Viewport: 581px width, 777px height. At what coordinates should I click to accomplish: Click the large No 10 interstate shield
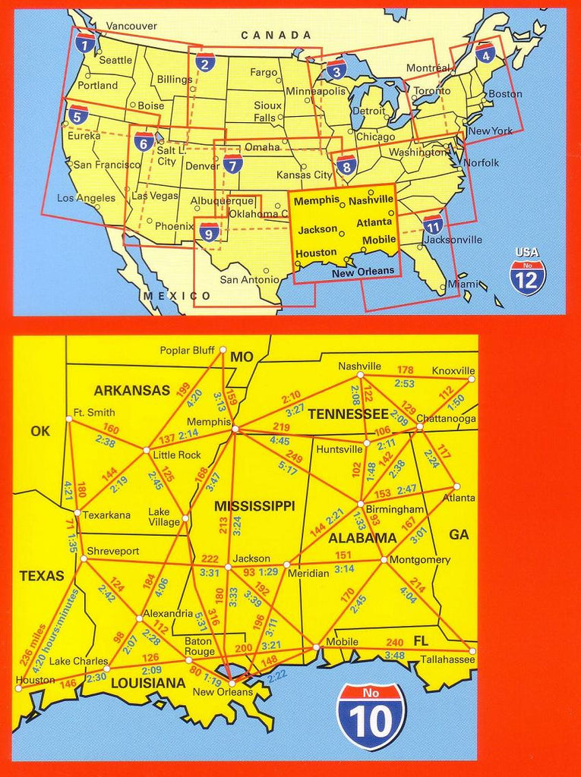pos(371,716)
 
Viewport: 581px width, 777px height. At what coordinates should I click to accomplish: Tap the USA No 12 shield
pos(527,275)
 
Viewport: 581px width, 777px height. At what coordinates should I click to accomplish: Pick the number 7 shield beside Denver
pos(232,163)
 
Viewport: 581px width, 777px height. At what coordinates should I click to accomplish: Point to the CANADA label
pos(276,35)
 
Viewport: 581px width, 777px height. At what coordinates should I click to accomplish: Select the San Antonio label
pos(250,279)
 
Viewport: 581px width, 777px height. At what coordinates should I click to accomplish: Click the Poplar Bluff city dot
pos(223,350)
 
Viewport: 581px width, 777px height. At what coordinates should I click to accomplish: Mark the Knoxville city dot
pos(472,379)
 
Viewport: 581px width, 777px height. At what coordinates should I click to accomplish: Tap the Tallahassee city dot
pos(472,651)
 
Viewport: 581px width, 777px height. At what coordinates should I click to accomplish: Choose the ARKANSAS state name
pos(131,391)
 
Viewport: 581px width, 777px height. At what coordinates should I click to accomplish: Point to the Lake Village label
pos(164,516)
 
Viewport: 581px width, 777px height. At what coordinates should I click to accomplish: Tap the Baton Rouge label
pos(200,646)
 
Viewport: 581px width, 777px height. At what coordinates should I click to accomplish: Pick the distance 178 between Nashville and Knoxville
pos(406,370)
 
